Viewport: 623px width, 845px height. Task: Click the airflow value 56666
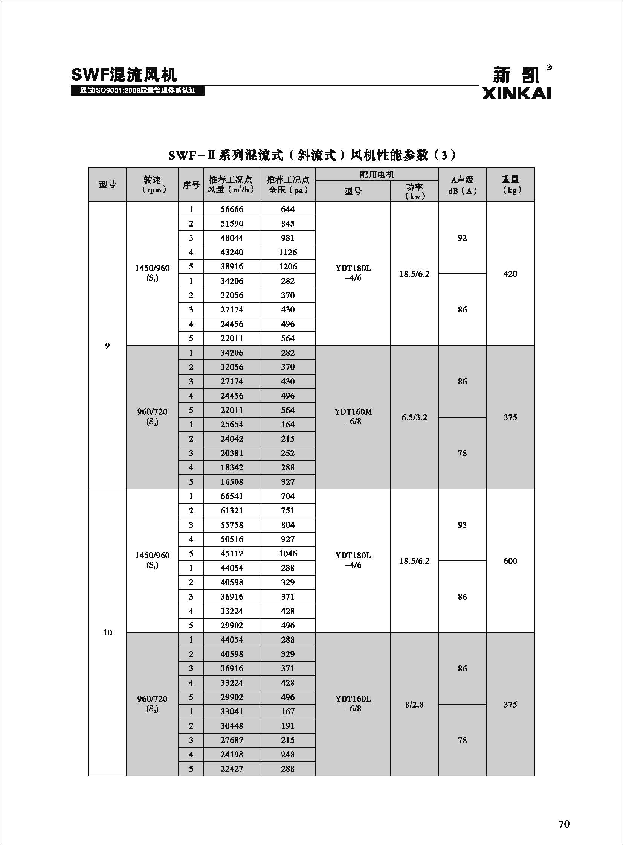click(x=232, y=209)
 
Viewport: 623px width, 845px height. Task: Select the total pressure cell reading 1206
click(x=288, y=266)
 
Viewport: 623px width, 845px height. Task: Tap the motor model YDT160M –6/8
click(x=353, y=416)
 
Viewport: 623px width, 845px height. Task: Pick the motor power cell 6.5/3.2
click(x=414, y=417)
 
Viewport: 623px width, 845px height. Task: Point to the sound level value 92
click(x=462, y=238)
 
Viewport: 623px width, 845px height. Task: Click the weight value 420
click(x=510, y=274)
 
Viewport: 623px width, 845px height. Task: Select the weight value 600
click(x=510, y=561)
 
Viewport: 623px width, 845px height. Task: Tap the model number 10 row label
click(x=107, y=632)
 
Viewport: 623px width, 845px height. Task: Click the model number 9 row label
click(x=107, y=346)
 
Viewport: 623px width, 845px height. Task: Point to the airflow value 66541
click(x=232, y=496)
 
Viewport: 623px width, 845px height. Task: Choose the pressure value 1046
click(x=288, y=553)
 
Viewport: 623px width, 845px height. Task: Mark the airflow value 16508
click(x=232, y=482)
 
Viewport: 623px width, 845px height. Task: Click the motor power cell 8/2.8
click(x=414, y=705)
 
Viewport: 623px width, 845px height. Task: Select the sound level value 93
click(x=462, y=525)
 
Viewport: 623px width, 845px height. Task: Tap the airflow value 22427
click(x=232, y=769)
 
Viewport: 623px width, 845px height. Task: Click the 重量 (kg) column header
click(x=510, y=185)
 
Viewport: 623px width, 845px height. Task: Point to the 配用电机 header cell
click(x=377, y=175)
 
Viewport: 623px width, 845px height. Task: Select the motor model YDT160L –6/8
click(x=353, y=703)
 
